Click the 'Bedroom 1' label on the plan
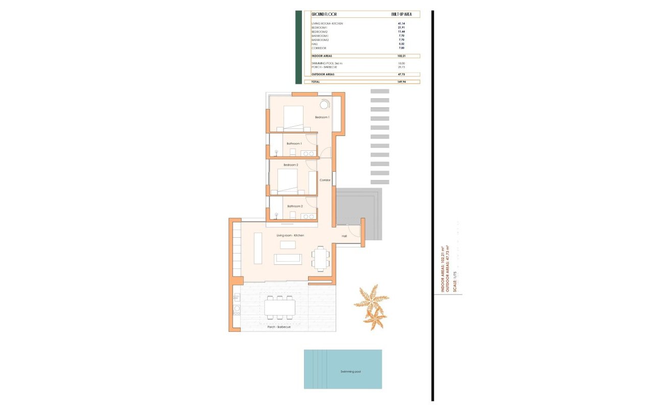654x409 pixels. tap(322, 118)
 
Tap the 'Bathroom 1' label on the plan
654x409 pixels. tap(294, 144)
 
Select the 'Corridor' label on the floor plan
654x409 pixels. tap(325, 180)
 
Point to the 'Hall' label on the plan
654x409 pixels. tap(344, 236)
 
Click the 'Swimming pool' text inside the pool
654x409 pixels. tap(351, 372)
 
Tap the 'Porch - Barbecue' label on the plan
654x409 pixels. tap(279, 327)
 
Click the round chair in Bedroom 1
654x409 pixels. tap(324, 104)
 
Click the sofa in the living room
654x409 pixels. tap(288, 259)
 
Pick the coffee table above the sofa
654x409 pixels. tap(288, 245)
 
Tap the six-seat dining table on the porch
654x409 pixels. tap(279, 307)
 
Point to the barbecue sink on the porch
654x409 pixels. tap(237, 309)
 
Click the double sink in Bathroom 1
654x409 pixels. tap(308, 153)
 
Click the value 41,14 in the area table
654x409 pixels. tap(401, 24)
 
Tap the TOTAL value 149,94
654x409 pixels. tap(401, 82)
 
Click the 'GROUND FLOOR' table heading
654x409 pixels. tap(324, 14)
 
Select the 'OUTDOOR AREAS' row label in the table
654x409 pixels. tap(323, 75)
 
